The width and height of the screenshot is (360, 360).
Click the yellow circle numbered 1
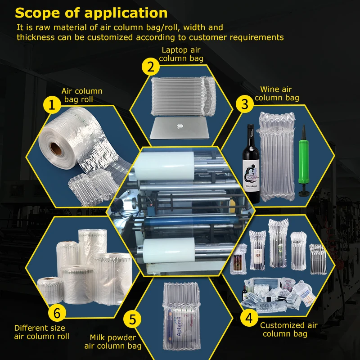pos(52,106)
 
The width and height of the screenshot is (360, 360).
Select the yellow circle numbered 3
pos(245,104)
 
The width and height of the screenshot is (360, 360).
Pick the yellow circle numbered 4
pos(248,318)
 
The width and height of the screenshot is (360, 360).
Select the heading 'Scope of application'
pos(91,13)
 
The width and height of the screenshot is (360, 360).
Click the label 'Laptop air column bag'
pos(181,54)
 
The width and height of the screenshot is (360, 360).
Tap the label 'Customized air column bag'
pos(288,329)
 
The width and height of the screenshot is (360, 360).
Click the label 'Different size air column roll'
pos(41,332)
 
